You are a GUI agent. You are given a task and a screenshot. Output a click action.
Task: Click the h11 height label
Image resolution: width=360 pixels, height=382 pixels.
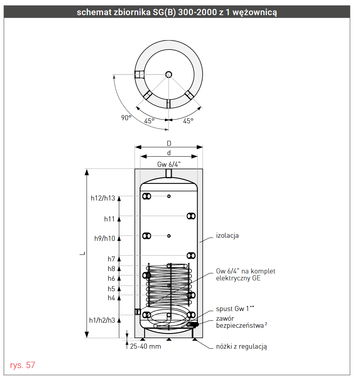pyautogui.click(x=109, y=219)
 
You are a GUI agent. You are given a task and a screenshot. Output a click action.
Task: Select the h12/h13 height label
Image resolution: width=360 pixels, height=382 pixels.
pyautogui.click(x=103, y=198)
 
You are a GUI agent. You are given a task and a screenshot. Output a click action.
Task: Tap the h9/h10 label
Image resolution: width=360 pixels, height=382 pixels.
pyautogui.click(x=105, y=239)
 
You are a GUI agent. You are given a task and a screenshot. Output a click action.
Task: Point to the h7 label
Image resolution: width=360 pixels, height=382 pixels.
pyautogui.click(x=111, y=259)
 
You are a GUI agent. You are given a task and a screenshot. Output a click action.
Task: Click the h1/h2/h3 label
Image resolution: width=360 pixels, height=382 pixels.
pyautogui.click(x=102, y=320)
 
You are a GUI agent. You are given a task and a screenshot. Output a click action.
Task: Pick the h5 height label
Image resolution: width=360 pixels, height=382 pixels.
pyautogui.click(x=111, y=289)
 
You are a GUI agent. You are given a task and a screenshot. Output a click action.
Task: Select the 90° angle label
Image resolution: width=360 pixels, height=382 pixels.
pyautogui.click(x=126, y=118)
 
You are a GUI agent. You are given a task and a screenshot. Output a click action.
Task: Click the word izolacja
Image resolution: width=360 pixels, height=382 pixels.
pyautogui.click(x=227, y=235)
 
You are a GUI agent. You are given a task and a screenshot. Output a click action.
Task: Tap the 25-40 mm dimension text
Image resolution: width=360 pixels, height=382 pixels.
pyautogui.click(x=146, y=346)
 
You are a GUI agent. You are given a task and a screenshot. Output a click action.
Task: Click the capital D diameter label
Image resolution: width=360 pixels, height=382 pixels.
pyautogui.click(x=169, y=143)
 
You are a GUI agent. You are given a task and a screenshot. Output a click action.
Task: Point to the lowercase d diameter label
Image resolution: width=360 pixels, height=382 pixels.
pyautogui.click(x=169, y=153)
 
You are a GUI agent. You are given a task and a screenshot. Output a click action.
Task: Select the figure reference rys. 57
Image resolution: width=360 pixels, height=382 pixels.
pyautogui.click(x=22, y=365)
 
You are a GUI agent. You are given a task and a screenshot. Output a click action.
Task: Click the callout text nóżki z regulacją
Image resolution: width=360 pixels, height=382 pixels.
pyautogui.click(x=241, y=347)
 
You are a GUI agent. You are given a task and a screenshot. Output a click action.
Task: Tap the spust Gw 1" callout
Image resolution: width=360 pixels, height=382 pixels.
pyautogui.click(x=235, y=309)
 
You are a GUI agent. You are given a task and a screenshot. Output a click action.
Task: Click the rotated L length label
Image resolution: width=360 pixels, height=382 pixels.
pyautogui.click(x=83, y=254)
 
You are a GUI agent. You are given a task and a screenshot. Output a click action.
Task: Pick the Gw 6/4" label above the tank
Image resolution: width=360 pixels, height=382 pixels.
pyautogui.click(x=169, y=164)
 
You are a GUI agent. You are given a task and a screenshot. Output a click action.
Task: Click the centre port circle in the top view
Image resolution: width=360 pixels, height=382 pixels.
pyautogui.click(x=169, y=74)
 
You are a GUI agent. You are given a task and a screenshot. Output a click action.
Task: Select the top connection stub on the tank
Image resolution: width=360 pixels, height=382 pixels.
pyautogui.click(x=169, y=173)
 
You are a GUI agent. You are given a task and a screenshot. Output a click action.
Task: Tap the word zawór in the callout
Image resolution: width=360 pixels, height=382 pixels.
pyautogui.click(x=225, y=319)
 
